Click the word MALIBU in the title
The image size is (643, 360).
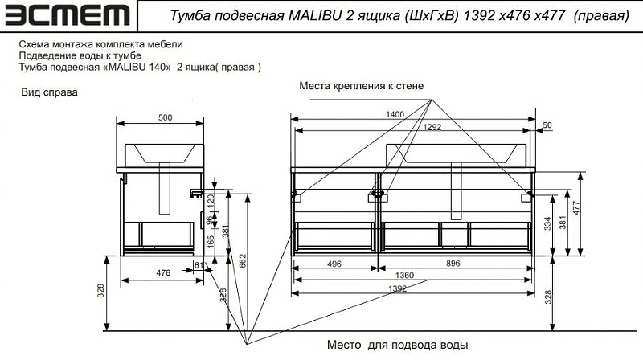(317, 16)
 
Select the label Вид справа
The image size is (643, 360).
(49, 93)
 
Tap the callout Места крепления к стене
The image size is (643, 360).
(361, 85)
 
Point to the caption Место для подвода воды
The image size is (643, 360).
(397, 345)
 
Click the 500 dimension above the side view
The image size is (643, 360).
(165, 117)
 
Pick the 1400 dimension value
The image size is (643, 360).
(395, 115)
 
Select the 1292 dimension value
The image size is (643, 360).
(432, 126)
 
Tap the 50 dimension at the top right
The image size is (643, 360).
(548, 125)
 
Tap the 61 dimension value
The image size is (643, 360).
(199, 264)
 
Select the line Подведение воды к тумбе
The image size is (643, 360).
(80, 55)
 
